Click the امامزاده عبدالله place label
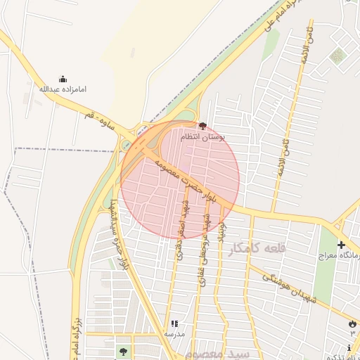62,89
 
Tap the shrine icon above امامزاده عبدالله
62,79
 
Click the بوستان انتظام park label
202,136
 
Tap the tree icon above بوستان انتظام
203,126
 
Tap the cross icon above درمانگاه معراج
342,245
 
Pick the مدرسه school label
174,334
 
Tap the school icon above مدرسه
174,324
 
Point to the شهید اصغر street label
182,232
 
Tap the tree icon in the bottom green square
124,351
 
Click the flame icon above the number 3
352,323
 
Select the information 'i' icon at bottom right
349,347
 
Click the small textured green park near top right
339,56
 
